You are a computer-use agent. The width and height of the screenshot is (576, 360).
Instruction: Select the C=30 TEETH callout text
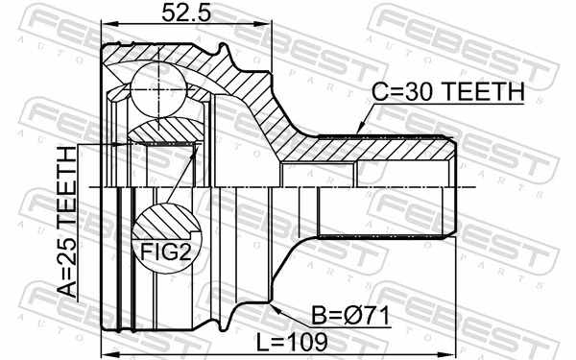point(448,92)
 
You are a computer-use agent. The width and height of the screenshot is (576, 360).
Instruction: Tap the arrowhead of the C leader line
point(357,132)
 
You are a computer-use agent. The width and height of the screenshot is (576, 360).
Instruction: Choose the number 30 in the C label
point(419,92)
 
